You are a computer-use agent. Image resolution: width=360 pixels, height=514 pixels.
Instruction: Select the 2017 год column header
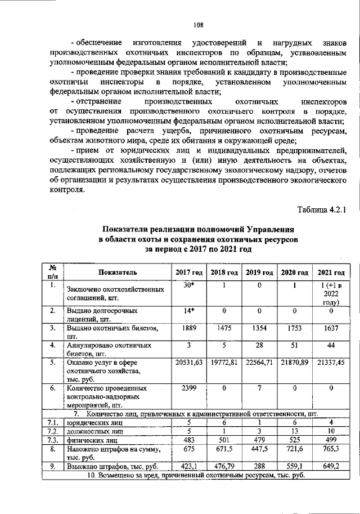coord(188,272)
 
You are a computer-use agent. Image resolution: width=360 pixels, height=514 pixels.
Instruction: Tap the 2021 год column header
coord(331,272)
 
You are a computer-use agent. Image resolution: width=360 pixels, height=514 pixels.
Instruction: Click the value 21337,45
coord(331,363)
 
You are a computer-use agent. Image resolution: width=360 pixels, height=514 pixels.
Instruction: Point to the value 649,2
coord(331,466)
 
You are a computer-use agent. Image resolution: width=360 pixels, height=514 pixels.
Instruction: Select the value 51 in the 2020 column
coord(295,345)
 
